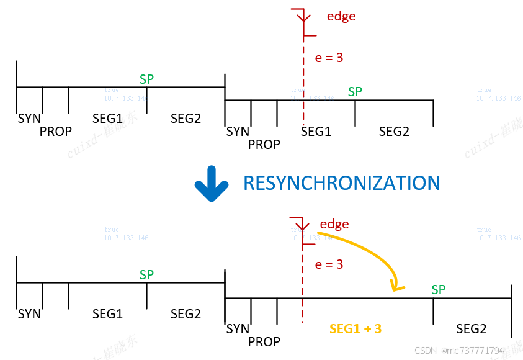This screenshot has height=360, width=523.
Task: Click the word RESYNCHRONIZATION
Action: pos(341,183)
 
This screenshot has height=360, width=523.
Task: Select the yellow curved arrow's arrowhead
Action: pos(395,286)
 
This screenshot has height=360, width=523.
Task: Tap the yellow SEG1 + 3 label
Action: pos(355,328)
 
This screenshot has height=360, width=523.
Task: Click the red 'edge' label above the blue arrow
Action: pos(341,16)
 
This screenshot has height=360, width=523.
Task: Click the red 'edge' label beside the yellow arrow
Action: pos(334,224)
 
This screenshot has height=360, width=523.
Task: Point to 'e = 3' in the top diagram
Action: pos(329,58)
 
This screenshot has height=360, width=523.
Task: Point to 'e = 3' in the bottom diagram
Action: pos(329,264)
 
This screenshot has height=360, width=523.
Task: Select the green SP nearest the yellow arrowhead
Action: pos(439,289)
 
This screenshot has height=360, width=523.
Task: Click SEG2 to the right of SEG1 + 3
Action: pos(472,328)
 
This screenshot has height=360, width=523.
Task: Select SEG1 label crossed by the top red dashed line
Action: pos(316,132)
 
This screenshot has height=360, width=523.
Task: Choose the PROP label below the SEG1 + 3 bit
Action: pos(264,341)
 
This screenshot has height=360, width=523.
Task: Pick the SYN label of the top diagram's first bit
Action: pos(29,118)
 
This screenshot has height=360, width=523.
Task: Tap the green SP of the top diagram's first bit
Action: pos(146,79)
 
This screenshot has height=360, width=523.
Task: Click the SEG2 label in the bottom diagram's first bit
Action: pos(186,314)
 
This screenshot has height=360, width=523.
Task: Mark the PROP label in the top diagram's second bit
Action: pos(264,145)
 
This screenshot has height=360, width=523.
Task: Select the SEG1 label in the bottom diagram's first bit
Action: pos(108,314)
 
